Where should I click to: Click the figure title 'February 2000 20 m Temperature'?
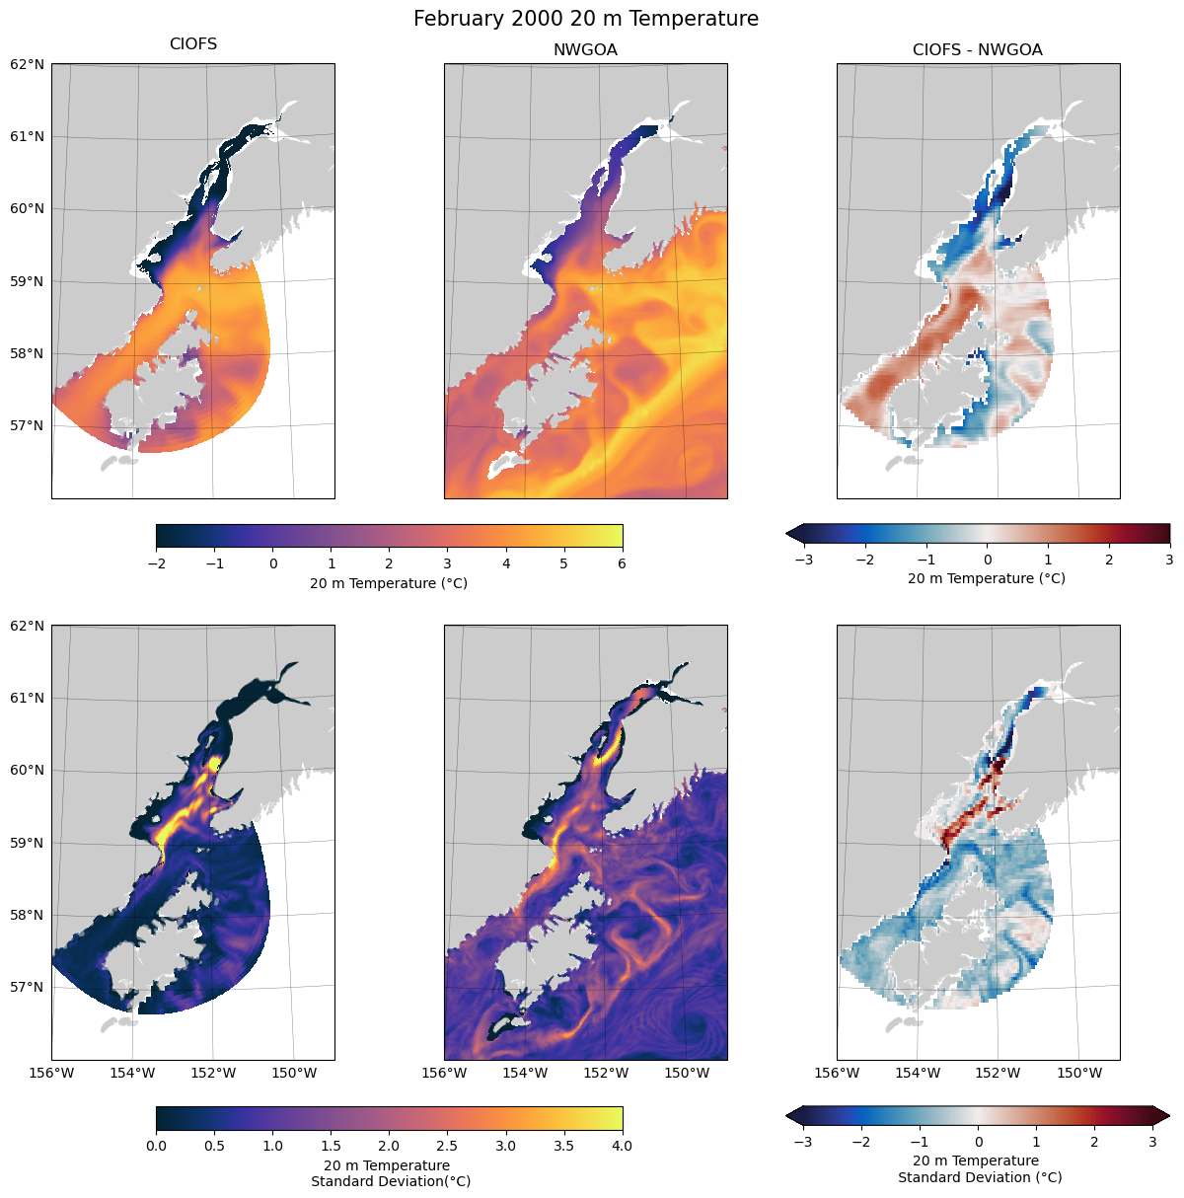586,19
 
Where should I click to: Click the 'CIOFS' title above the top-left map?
193,44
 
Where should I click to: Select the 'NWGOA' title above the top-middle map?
585,50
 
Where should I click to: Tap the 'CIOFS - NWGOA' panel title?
977,50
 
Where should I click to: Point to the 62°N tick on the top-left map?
28,64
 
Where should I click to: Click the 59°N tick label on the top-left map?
28,281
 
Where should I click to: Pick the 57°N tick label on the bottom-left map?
28,987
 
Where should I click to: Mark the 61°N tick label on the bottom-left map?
28,698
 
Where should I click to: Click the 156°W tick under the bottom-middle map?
445,1073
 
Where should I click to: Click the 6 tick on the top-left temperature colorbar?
623,563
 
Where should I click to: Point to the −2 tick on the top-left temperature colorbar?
156,563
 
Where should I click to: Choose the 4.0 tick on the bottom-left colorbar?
623,1146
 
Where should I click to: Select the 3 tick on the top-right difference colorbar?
1169,560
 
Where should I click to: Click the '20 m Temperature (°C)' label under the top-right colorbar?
987,578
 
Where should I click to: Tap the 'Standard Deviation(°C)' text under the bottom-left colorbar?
391,1181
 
